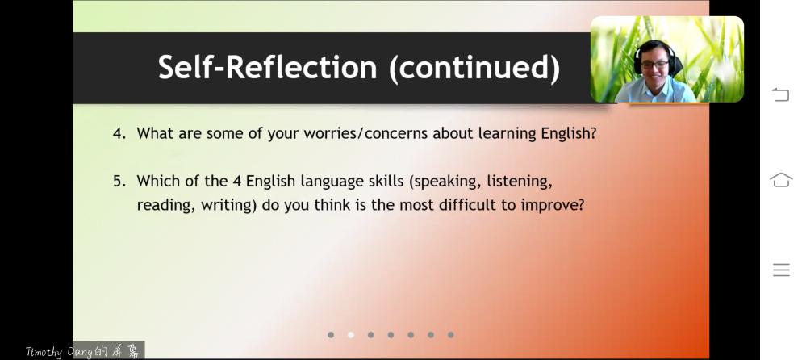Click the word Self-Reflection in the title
tap(268, 67)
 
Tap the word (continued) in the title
tap(474, 68)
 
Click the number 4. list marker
tap(119, 134)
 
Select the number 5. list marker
tap(119, 182)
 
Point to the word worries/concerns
tap(366, 134)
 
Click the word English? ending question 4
tap(568, 134)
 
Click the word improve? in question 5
tap(553, 206)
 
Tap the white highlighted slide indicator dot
tap(351, 335)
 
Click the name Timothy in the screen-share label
tap(44, 352)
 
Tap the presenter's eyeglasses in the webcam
tap(654, 65)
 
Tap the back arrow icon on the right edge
tap(781, 94)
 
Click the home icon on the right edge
tap(781, 179)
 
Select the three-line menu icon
tap(781, 270)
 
